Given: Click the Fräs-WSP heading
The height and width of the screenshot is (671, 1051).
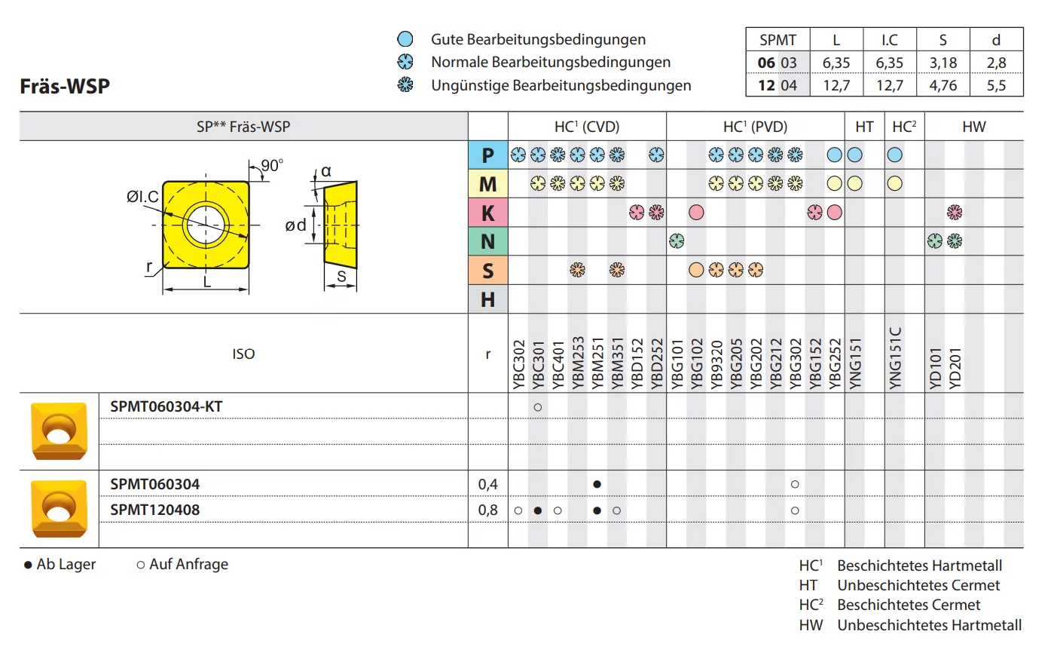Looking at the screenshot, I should click(x=65, y=86).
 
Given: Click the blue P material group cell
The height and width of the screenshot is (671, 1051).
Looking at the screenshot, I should click(x=487, y=155).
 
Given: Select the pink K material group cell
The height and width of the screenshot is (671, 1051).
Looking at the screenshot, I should click(x=487, y=213).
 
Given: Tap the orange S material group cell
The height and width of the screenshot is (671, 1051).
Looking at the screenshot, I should click(x=487, y=271).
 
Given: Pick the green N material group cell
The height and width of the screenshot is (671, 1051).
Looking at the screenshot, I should click(x=487, y=242).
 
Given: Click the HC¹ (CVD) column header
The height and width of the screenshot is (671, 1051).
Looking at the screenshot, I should click(x=586, y=127).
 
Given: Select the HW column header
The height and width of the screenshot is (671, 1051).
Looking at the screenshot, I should click(x=973, y=127).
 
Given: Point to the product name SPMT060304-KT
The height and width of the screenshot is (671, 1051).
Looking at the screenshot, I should click(x=167, y=406).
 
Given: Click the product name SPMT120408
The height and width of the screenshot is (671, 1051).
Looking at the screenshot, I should click(x=155, y=510).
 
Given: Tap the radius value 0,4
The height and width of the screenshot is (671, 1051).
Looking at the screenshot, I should click(x=487, y=484).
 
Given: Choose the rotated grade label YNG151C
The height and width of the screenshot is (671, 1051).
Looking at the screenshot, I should click(x=895, y=358).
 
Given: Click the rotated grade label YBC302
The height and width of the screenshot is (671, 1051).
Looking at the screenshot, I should click(x=518, y=364).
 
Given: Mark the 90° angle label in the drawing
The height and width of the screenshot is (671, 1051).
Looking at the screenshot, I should click(x=272, y=166).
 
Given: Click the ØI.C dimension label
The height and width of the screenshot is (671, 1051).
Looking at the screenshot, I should click(x=142, y=197).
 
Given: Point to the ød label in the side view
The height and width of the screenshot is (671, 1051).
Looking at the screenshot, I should click(x=295, y=225).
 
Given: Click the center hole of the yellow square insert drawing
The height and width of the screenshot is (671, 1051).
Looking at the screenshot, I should click(x=206, y=225).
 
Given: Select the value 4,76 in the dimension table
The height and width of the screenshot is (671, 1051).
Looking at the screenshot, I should click(x=943, y=85).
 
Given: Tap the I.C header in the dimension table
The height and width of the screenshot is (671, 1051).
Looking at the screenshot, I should click(x=889, y=40).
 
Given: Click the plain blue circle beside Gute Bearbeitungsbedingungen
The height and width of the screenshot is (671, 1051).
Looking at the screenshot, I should click(x=405, y=39).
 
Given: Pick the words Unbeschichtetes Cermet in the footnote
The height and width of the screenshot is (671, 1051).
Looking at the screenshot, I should click(x=918, y=585).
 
